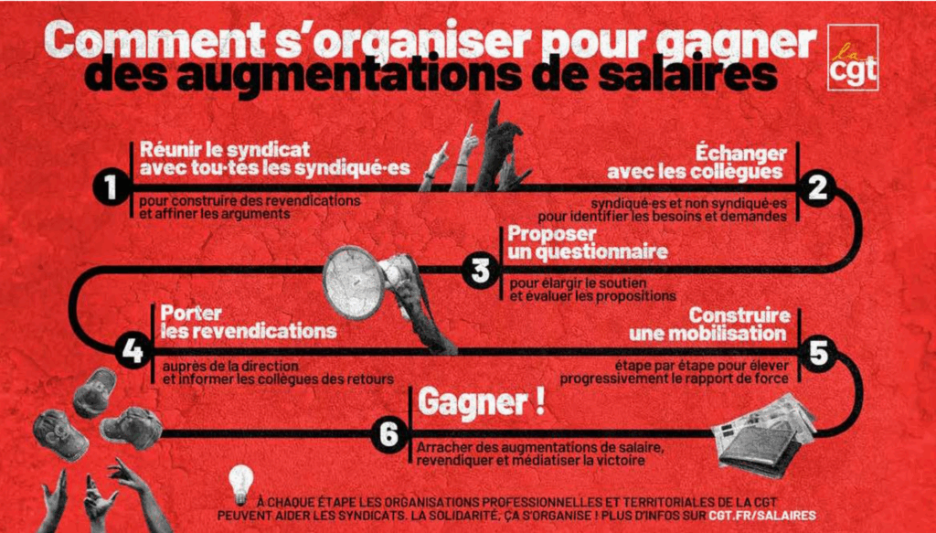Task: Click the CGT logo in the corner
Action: click(x=853, y=58)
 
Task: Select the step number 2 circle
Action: click(x=817, y=187)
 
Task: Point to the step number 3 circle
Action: click(x=480, y=271)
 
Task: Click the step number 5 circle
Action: click(x=818, y=352)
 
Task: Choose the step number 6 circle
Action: click(x=388, y=433)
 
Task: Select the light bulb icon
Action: click(x=241, y=485)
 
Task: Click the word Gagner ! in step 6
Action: click(x=481, y=403)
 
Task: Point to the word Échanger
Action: click(x=740, y=154)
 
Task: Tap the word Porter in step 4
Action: click(x=191, y=313)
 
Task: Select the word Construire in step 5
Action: click(x=739, y=314)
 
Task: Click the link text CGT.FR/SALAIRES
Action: click(x=762, y=516)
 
